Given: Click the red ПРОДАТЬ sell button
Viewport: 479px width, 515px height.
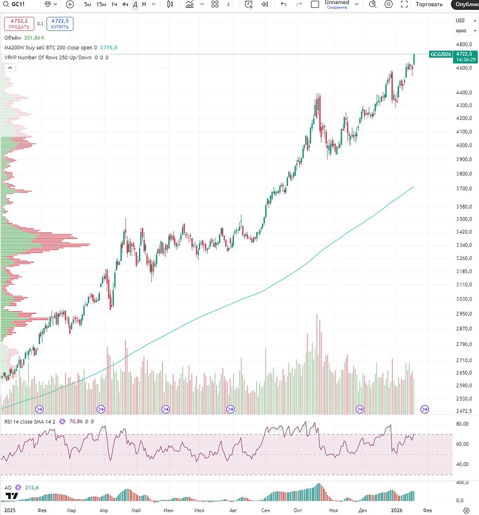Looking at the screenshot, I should coord(19,24).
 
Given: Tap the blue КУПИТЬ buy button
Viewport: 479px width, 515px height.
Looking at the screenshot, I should coord(60,24).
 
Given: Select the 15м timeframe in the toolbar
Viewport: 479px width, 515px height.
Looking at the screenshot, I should coord(101,4).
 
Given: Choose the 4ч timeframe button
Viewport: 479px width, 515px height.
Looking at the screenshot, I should coord(125,4).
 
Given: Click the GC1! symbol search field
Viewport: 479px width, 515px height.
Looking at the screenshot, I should coord(21,4).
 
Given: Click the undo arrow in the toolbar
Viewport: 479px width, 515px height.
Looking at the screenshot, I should coord(284,4).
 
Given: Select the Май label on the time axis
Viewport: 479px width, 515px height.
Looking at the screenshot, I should coord(136,510).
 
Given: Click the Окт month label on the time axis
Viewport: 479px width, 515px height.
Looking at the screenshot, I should coord(298,510).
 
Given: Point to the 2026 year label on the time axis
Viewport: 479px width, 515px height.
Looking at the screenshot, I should coord(396,510).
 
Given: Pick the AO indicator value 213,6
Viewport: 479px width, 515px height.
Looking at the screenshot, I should coord(32,488).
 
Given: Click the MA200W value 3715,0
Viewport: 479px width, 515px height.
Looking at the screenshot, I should coord(109,47).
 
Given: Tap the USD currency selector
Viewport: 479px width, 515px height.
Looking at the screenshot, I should coord(460,21).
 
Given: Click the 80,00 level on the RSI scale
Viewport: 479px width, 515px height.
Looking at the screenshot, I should coord(463,424).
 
